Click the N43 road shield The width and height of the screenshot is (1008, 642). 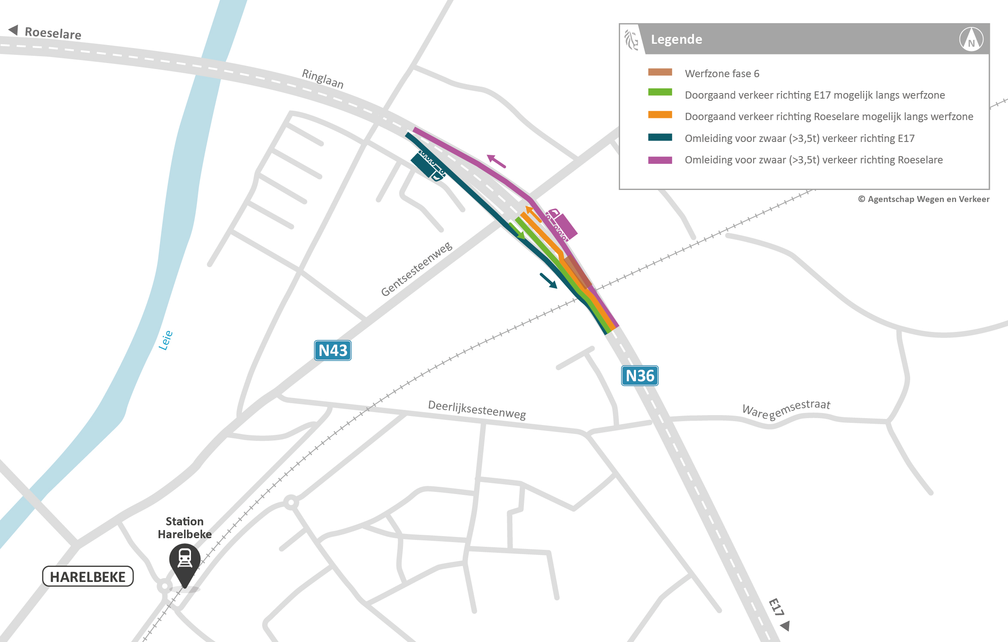pyautogui.click(x=333, y=350)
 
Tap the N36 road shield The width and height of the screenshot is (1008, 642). pyautogui.click(x=639, y=376)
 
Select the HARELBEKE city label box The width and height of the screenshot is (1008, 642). pyautogui.click(x=88, y=576)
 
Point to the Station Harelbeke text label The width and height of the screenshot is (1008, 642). pyautogui.click(x=185, y=527)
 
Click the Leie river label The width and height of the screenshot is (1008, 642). pyautogui.click(x=166, y=340)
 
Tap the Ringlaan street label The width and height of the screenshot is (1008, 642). pyautogui.click(x=323, y=78)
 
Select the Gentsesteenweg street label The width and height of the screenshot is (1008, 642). pyautogui.click(x=416, y=269)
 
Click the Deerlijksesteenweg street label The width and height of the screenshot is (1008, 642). pyautogui.click(x=477, y=410)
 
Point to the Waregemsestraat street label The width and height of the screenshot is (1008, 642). pyautogui.click(x=786, y=409)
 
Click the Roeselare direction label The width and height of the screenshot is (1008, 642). pyautogui.click(x=52, y=33)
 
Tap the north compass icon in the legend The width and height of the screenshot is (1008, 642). pyautogui.click(x=971, y=39)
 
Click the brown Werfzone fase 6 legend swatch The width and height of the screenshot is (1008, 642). pyautogui.click(x=660, y=72)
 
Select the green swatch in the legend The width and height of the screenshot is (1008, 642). pyautogui.click(x=660, y=93)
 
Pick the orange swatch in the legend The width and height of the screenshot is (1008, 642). pyautogui.click(x=660, y=115)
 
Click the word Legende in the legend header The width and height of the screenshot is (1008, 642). pyautogui.click(x=676, y=39)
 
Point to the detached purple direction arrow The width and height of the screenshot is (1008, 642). pyautogui.click(x=496, y=161)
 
